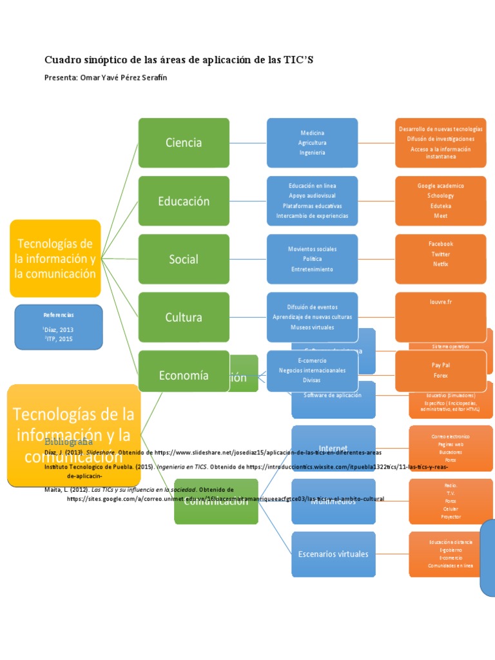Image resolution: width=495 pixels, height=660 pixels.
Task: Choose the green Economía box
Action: point(183,375)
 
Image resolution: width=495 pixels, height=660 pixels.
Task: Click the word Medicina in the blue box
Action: point(312,133)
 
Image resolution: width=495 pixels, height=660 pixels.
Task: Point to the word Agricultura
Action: point(312,142)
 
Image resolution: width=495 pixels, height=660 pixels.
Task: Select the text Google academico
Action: point(440,186)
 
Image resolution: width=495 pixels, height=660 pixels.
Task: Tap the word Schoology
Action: point(440,196)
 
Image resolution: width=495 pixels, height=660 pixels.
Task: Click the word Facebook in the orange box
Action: point(440,244)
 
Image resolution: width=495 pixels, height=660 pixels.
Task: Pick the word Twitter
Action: point(440,254)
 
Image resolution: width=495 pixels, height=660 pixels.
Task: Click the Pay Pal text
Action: point(440,365)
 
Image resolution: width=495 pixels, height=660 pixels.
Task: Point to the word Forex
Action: point(440,375)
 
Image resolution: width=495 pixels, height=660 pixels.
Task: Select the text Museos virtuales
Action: point(312,327)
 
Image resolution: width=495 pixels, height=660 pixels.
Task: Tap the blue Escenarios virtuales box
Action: point(333,554)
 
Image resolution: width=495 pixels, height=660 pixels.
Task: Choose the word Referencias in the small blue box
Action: point(59,315)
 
